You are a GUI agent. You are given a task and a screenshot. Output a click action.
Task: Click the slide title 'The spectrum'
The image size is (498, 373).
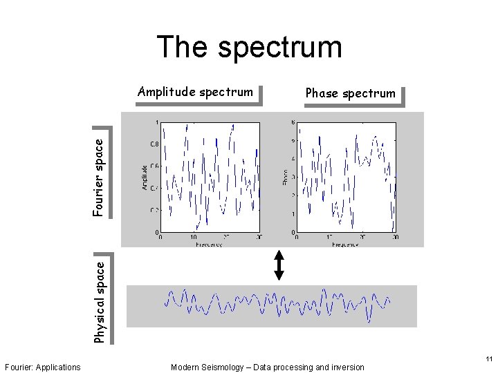249,47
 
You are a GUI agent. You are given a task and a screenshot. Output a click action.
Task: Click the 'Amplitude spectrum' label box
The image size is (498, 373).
196,92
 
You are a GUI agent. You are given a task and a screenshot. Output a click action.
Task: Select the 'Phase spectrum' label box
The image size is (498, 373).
351,93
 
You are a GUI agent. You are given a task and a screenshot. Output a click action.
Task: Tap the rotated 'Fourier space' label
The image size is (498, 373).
100,175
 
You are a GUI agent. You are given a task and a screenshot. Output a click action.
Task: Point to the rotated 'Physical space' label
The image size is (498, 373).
100,300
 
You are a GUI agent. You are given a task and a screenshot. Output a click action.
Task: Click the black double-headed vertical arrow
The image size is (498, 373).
279,265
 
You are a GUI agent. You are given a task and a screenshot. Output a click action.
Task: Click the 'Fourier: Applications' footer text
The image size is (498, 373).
42,367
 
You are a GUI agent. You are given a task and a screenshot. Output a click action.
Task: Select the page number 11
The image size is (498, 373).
489,359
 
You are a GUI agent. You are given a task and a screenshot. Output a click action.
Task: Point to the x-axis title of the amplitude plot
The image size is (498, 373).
209,244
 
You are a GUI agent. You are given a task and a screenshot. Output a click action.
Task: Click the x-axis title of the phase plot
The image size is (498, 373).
346,244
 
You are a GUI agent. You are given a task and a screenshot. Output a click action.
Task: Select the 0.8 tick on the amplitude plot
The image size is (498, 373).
154,144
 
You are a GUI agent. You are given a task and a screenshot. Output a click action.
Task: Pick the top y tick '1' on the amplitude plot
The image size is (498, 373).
156,123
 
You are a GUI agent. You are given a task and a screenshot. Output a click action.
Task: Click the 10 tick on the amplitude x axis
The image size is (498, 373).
193,237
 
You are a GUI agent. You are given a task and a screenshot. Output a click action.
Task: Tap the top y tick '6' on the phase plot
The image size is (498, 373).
293,123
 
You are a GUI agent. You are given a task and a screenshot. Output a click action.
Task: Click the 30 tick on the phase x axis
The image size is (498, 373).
395,237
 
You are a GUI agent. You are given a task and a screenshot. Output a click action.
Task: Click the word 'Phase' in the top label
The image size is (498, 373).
322,93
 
